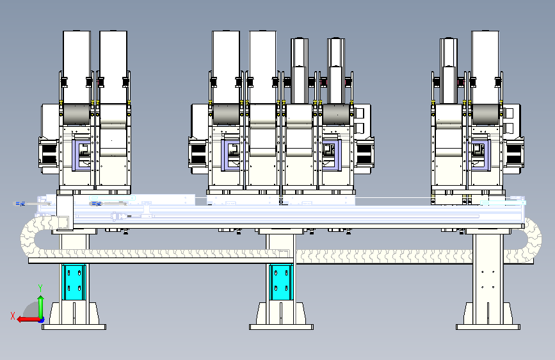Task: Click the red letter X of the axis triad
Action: point(13,316)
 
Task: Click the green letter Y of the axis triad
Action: point(40,288)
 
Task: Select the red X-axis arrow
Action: point(29,319)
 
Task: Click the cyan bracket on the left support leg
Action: point(74,281)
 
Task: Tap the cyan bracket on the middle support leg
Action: point(281,281)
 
